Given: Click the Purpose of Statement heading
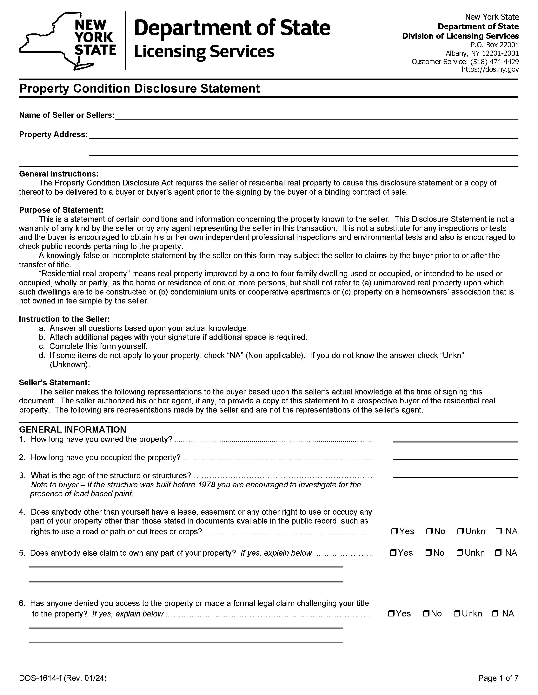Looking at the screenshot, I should (x=61, y=210).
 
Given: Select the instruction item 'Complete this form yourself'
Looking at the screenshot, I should (x=98, y=346).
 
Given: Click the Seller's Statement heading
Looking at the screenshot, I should (x=54, y=383).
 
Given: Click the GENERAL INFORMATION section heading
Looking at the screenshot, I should (x=72, y=430).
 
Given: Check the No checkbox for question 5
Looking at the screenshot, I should (x=428, y=553).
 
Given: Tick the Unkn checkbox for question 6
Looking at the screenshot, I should (x=457, y=613).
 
